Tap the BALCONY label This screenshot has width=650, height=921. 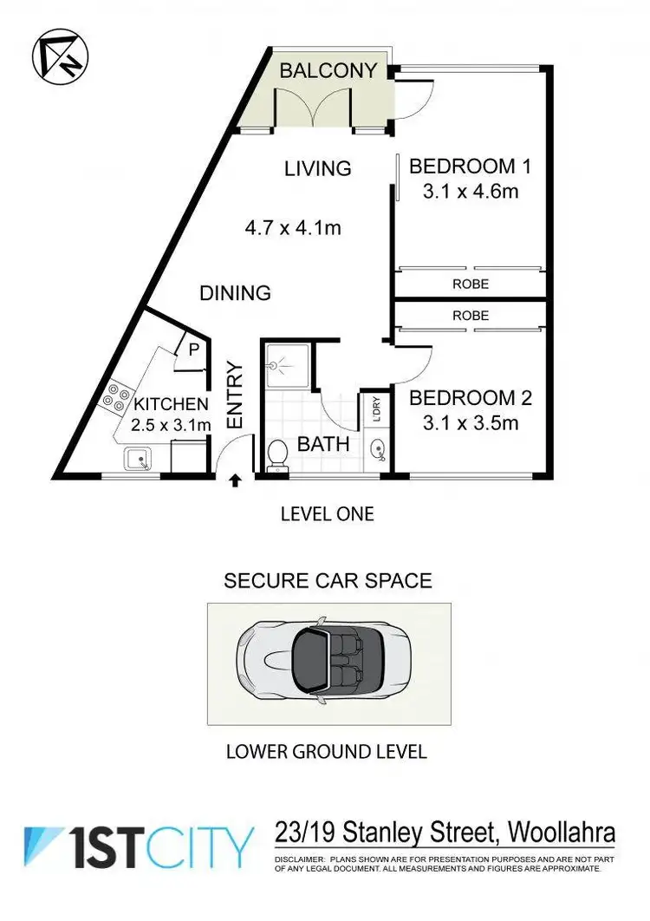tap(328, 70)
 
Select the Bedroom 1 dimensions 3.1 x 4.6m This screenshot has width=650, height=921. tap(471, 191)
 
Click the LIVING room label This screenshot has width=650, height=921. tap(318, 168)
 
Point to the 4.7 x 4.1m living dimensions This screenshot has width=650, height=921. tap(292, 229)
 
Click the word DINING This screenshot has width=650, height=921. tap(235, 293)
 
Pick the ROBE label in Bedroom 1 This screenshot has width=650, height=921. tap(470, 284)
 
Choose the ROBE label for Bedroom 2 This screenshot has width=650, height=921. tap(470, 316)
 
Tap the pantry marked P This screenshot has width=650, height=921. tap(192, 349)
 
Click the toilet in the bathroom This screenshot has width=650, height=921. tap(278, 454)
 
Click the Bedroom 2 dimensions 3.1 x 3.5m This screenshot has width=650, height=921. tap(471, 423)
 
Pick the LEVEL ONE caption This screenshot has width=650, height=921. tap(327, 514)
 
